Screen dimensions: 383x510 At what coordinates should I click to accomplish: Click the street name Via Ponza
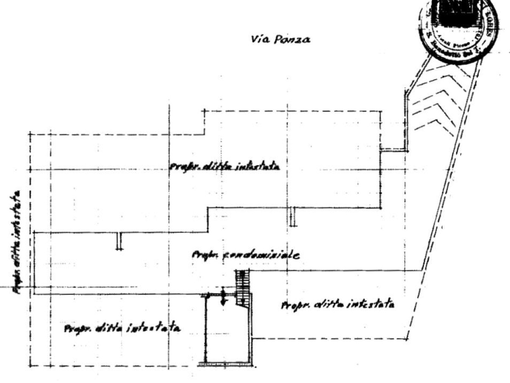280,40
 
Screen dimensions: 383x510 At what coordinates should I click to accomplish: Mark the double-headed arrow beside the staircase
223,297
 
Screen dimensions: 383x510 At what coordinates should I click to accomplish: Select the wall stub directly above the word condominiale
292,217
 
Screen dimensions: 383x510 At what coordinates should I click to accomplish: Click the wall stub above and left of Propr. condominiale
119,241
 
